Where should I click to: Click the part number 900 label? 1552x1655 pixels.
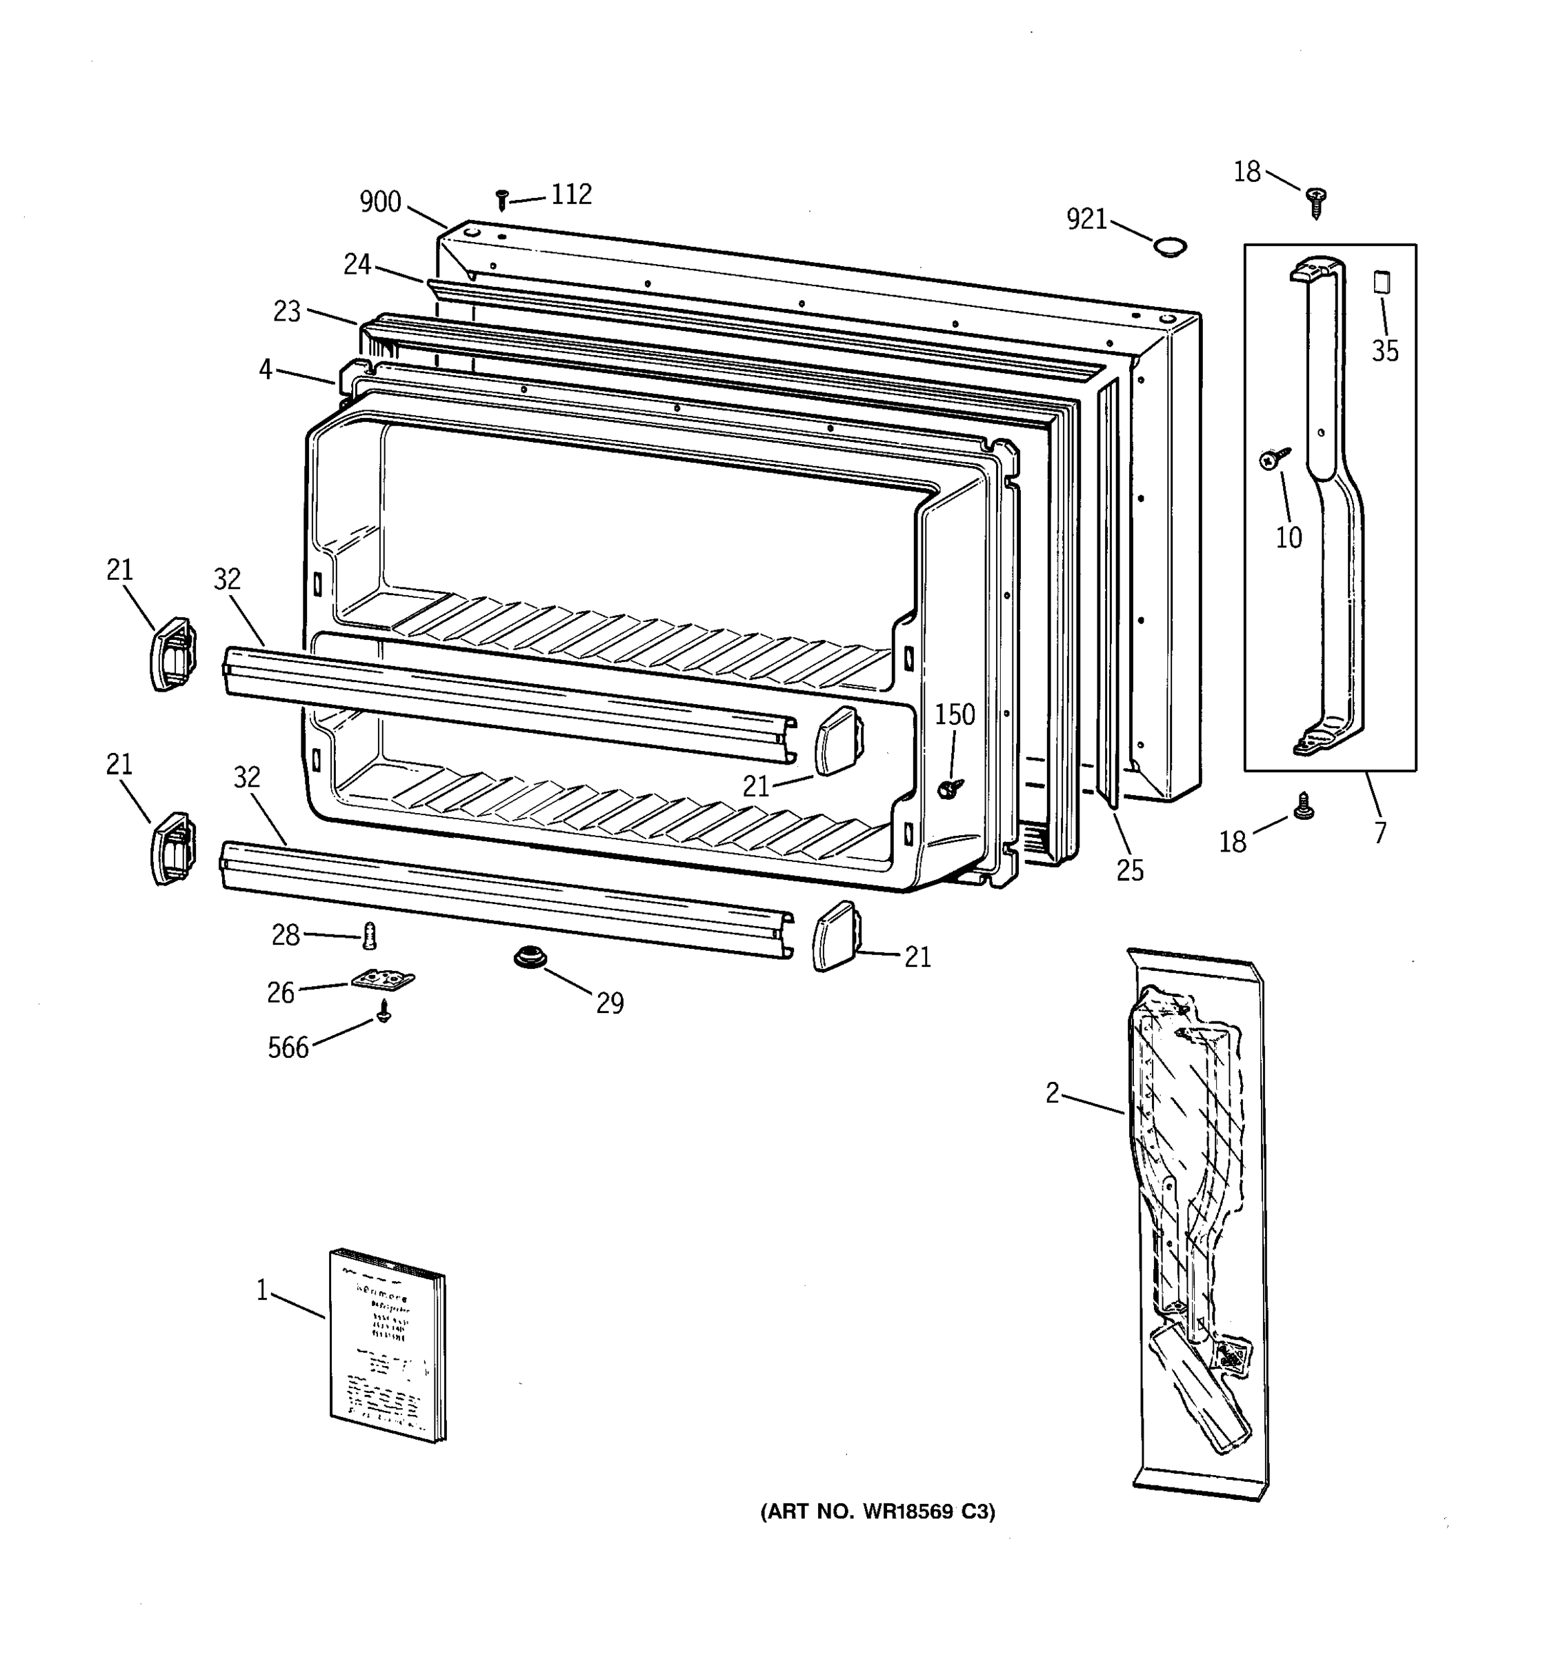(381, 202)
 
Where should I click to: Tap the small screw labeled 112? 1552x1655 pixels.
(501, 200)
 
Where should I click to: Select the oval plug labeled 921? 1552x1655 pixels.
(1169, 246)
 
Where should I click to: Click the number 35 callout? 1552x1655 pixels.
(1384, 351)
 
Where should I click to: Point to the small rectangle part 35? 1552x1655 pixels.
(1382, 281)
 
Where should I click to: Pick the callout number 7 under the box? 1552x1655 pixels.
(1380, 832)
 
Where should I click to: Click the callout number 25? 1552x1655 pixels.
(1130, 871)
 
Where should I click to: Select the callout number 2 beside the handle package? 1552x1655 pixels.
(1053, 1093)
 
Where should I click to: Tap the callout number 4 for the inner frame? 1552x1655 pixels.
(266, 370)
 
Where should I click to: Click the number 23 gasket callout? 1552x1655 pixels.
(287, 312)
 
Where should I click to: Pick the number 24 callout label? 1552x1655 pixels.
(357, 265)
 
